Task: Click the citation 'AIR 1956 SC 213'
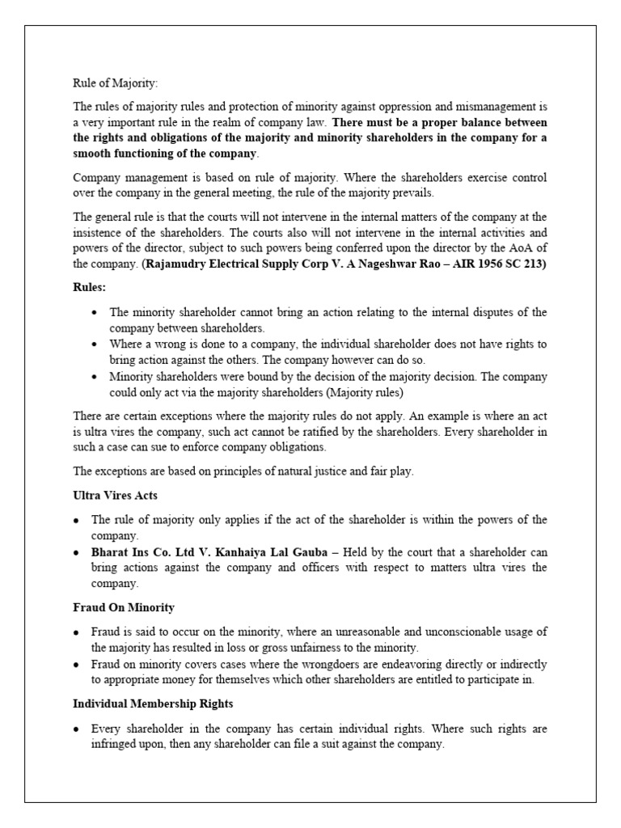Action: pyautogui.click(x=501, y=264)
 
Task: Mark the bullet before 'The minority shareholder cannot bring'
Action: pyautogui.click(x=95, y=313)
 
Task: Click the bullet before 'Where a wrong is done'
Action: pyautogui.click(x=95, y=344)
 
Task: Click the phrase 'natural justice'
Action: pyautogui.click(x=296, y=471)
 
